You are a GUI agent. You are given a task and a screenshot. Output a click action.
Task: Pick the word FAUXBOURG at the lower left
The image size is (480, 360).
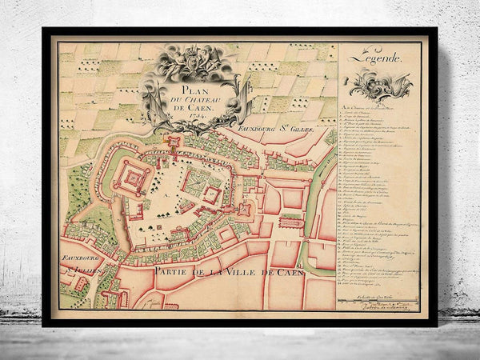coord(78,259)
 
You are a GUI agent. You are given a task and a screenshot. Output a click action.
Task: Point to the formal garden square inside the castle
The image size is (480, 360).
coord(195,180)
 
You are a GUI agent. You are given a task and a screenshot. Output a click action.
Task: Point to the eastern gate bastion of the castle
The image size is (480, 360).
coord(243,210)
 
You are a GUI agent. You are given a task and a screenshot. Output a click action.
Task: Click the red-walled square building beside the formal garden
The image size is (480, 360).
coord(213,194)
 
